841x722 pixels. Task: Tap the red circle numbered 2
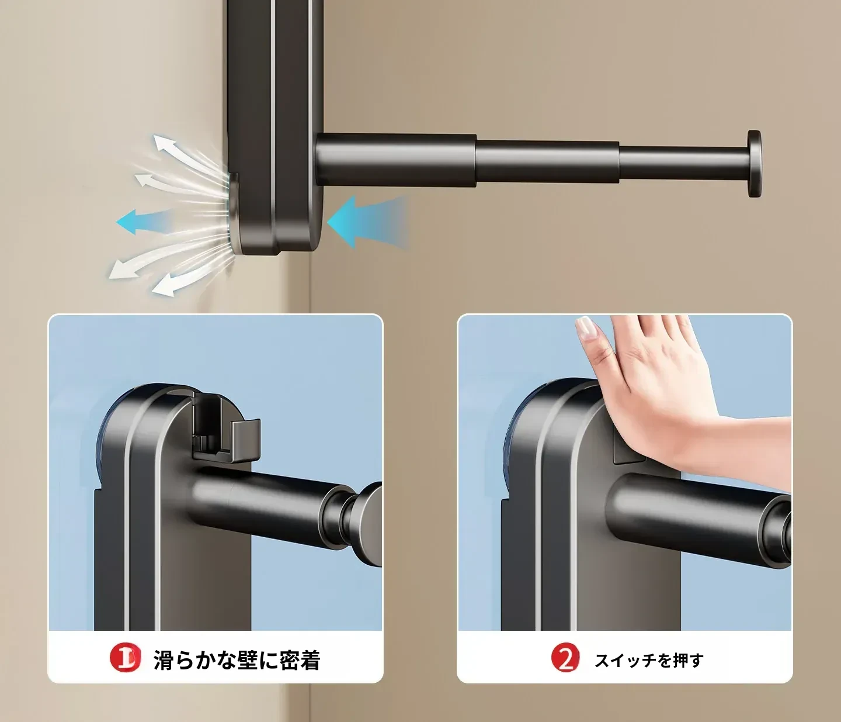pyautogui.click(x=566, y=658)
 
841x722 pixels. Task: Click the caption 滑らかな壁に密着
pyautogui.click(x=237, y=659)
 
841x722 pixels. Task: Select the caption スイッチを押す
pyautogui.click(x=649, y=660)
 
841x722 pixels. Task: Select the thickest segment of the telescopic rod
pyautogui.click(x=397, y=160)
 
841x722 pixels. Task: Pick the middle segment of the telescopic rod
pyautogui.click(x=548, y=163)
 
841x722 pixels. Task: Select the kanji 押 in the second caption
pyautogui.click(x=678, y=660)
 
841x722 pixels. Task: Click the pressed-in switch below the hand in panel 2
pyautogui.click(x=628, y=451)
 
